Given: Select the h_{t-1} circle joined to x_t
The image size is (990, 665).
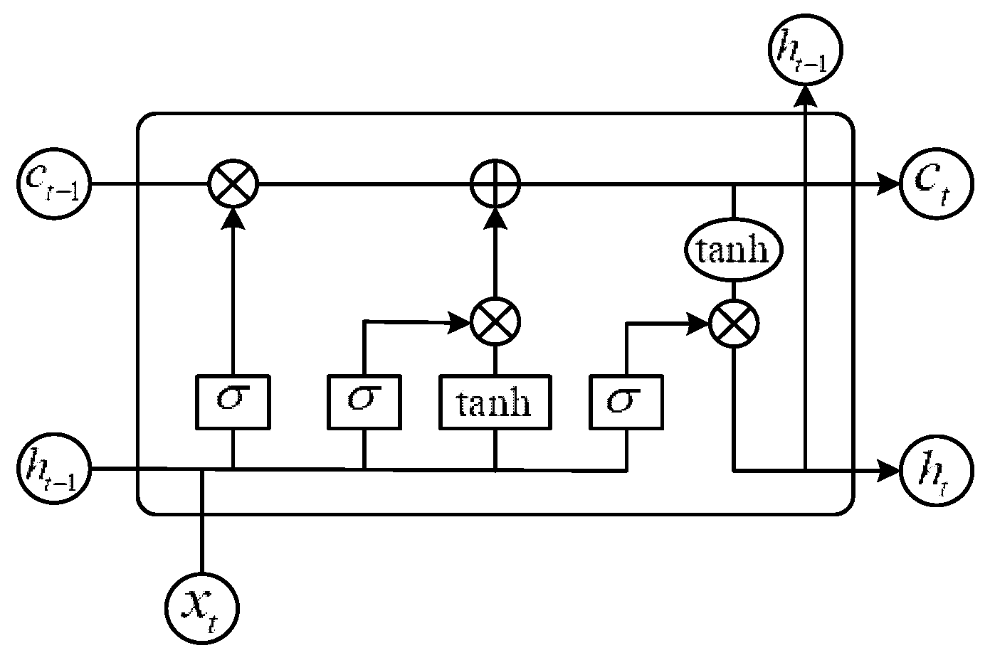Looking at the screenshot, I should (53, 469).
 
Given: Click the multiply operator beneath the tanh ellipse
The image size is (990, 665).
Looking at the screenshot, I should (734, 324).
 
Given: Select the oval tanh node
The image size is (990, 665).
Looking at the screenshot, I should (734, 250).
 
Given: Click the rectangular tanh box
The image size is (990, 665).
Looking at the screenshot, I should (495, 403).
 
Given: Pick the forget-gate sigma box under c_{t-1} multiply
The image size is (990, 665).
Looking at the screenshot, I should (233, 402).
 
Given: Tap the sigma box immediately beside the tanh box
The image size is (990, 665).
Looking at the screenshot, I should (364, 402).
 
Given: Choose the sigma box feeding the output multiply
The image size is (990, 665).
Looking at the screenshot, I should (626, 402).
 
